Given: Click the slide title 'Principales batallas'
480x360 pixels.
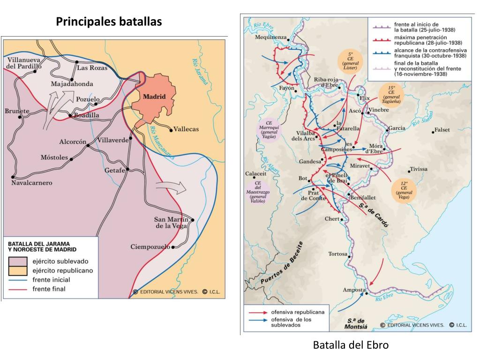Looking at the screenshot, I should pyautogui.click(x=109, y=22).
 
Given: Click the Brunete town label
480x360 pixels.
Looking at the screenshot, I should pyautogui.click(x=17, y=111).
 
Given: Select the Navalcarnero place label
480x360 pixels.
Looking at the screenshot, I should pyautogui.click(x=31, y=182).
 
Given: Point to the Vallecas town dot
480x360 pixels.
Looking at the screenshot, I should pyautogui.click(x=171, y=129).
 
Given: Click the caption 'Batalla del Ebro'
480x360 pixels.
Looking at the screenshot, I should pyautogui.click(x=351, y=345).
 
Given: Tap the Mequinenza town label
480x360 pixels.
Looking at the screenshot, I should pyautogui.click(x=270, y=37).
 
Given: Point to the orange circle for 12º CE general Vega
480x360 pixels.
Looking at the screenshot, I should pyautogui.click(x=404, y=190).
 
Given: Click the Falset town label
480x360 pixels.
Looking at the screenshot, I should pyautogui.click(x=442, y=130).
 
